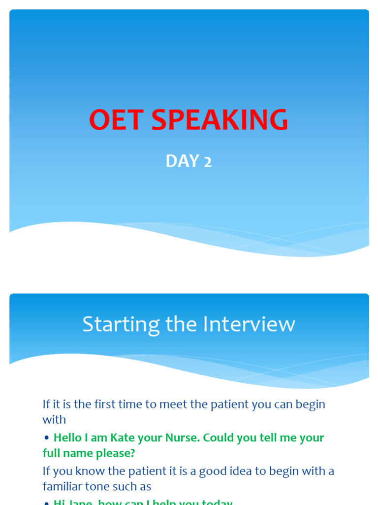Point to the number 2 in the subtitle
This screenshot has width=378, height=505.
pyautogui.click(x=208, y=162)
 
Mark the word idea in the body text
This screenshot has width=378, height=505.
pyautogui.click(x=237, y=471)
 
